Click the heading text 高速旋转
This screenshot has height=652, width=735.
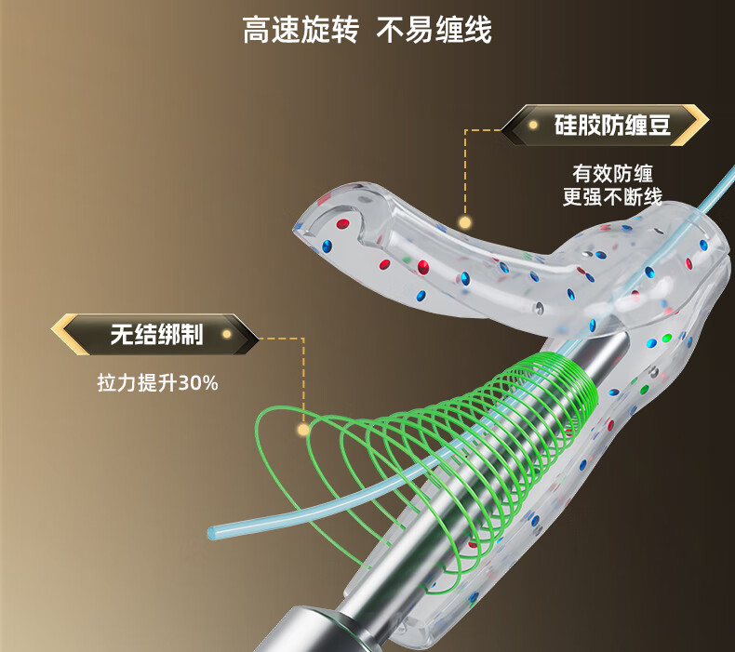(301, 30)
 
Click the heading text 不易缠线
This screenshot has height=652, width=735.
(434, 30)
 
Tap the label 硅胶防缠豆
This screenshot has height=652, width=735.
(612, 126)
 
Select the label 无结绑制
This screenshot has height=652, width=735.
(156, 335)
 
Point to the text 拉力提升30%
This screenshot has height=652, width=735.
(157, 383)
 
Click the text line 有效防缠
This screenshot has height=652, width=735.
(612, 174)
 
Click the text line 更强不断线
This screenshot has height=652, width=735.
(612, 197)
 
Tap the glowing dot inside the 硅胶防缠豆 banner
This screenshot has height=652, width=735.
(533, 126)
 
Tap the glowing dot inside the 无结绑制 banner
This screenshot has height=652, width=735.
(227, 334)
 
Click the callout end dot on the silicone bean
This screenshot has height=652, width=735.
(465, 222)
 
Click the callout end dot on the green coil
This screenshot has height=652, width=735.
(303, 430)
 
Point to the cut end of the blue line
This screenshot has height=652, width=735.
(212, 532)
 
